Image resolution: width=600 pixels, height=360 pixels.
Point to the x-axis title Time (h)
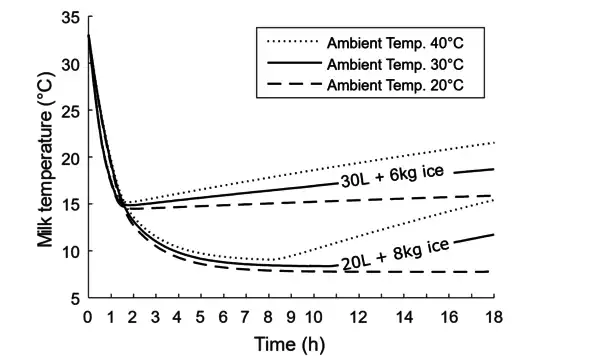(287, 344)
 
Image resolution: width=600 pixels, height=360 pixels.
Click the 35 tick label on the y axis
(69, 18)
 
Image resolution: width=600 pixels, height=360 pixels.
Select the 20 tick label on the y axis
(69, 158)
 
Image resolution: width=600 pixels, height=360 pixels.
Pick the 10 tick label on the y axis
(69, 251)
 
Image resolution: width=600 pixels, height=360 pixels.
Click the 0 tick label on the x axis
(88, 317)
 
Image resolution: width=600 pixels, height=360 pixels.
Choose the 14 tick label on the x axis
(404, 317)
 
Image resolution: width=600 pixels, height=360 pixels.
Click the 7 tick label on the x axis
(246, 317)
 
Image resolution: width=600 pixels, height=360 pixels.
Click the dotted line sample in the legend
(289, 42)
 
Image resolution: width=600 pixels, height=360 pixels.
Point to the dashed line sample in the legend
(289, 84)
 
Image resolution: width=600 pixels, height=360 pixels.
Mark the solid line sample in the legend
(289, 63)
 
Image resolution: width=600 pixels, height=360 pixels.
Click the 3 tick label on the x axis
(156, 317)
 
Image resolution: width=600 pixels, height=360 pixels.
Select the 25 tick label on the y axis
(69, 111)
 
